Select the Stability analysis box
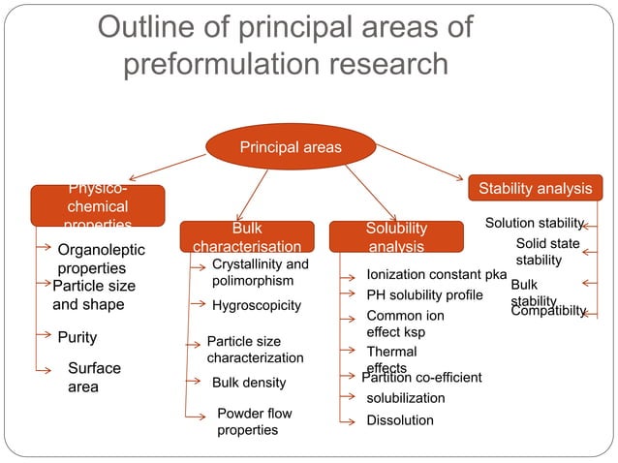point(535,187)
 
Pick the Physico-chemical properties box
point(98,206)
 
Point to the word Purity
point(77,337)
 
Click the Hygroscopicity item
point(257,306)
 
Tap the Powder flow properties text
point(254,421)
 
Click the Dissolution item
point(400,420)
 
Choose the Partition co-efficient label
point(421,377)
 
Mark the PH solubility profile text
point(424,294)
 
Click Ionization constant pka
point(436,275)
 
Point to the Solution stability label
point(535,224)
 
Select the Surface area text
point(94,378)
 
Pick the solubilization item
point(406,398)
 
